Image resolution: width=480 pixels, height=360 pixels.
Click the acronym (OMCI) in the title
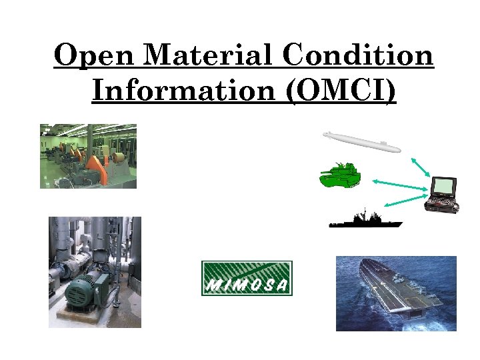tap(341, 90)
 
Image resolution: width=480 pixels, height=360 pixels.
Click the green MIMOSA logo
tap(247, 278)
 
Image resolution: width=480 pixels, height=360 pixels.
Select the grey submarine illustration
tap(361, 142)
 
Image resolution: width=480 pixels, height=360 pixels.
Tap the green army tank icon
tap(340, 176)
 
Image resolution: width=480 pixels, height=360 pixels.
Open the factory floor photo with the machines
tap(88, 156)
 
